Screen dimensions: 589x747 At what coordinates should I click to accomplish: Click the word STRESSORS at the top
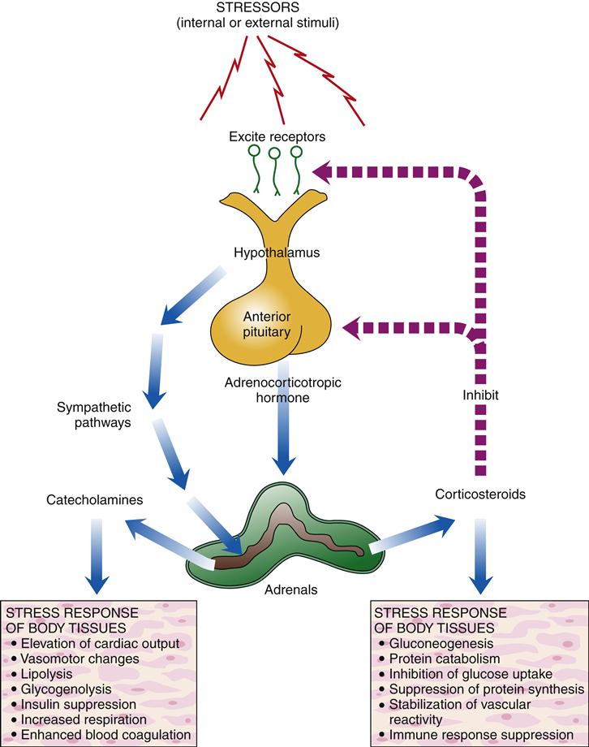coord(258,7)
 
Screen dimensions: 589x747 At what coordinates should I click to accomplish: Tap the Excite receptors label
coord(277,136)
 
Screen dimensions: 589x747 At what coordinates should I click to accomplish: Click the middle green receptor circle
coord(274,153)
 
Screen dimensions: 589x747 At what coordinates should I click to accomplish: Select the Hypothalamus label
coord(277,252)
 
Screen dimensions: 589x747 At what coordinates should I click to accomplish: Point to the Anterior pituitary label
coord(267,324)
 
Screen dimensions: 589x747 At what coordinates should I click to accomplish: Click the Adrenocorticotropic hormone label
coord(283,390)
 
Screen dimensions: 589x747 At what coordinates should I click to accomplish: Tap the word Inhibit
coord(480,395)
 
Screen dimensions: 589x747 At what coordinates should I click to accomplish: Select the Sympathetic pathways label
coord(94,414)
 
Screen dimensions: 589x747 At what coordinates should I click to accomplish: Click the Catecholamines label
coord(95,499)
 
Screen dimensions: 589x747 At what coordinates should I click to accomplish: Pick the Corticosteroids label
coord(480,494)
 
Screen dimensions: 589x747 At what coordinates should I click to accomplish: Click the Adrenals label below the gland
coord(291,589)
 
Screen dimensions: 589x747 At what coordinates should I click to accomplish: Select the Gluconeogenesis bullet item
coord(435,644)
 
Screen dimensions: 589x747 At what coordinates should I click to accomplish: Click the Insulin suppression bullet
coord(73,704)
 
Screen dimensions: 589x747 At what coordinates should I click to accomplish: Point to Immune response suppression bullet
coord(476,735)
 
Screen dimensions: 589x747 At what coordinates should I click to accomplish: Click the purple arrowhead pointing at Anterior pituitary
coord(352,328)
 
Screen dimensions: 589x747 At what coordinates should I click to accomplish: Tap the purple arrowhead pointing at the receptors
coord(322,171)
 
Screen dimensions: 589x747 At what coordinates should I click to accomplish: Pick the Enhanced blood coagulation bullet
coord(101,735)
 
